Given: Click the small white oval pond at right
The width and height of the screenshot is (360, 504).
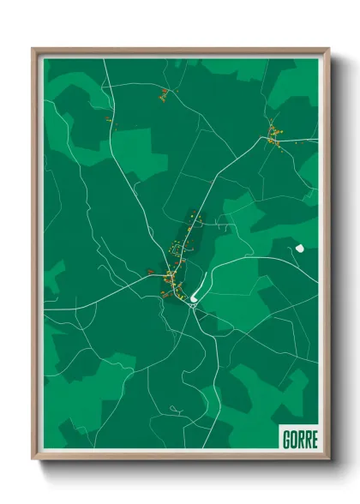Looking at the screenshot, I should (299, 249).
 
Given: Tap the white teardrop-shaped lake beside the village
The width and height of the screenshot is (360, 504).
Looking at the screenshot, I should (195, 298).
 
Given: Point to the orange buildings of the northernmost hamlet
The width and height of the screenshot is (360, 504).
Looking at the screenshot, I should (164, 97).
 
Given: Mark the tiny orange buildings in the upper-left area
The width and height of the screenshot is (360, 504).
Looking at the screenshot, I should (109, 119).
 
